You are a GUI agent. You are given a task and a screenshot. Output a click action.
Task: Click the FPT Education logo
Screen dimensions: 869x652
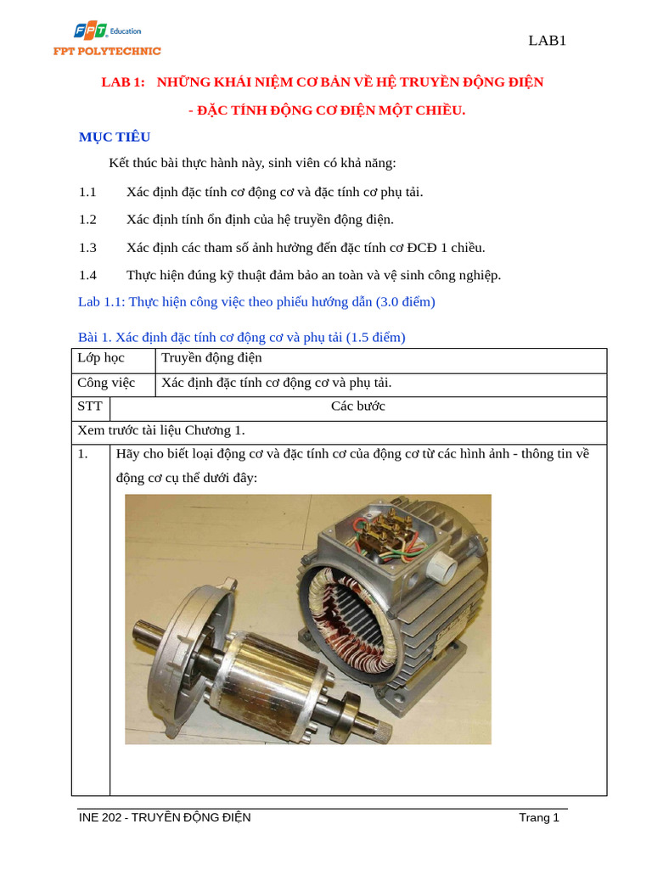(x=106, y=39)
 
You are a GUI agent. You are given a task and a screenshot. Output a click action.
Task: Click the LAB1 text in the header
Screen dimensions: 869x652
(x=547, y=41)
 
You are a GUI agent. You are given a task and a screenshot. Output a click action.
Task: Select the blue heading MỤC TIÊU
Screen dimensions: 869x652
(x=115, y=137)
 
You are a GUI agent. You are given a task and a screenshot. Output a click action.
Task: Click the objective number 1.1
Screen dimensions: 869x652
(x=88, y=192)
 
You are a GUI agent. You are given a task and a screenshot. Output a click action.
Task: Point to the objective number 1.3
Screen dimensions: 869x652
(x=88, y=248)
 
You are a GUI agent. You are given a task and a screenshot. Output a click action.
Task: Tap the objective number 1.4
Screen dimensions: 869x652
(x=88, y=275)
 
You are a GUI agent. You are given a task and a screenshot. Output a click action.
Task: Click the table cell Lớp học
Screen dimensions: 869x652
(x=101, y=358)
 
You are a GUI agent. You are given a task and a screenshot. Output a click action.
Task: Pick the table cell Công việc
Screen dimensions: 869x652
(x=106, y=383)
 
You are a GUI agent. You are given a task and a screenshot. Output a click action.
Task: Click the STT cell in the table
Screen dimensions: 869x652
(x=90, y=406)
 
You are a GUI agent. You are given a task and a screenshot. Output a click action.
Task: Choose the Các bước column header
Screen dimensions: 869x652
(x=357, y=406)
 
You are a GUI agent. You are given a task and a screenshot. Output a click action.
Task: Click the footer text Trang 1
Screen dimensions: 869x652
(x=539, y=818)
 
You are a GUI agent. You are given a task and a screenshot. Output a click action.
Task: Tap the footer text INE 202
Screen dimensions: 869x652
(x=101, y=818)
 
